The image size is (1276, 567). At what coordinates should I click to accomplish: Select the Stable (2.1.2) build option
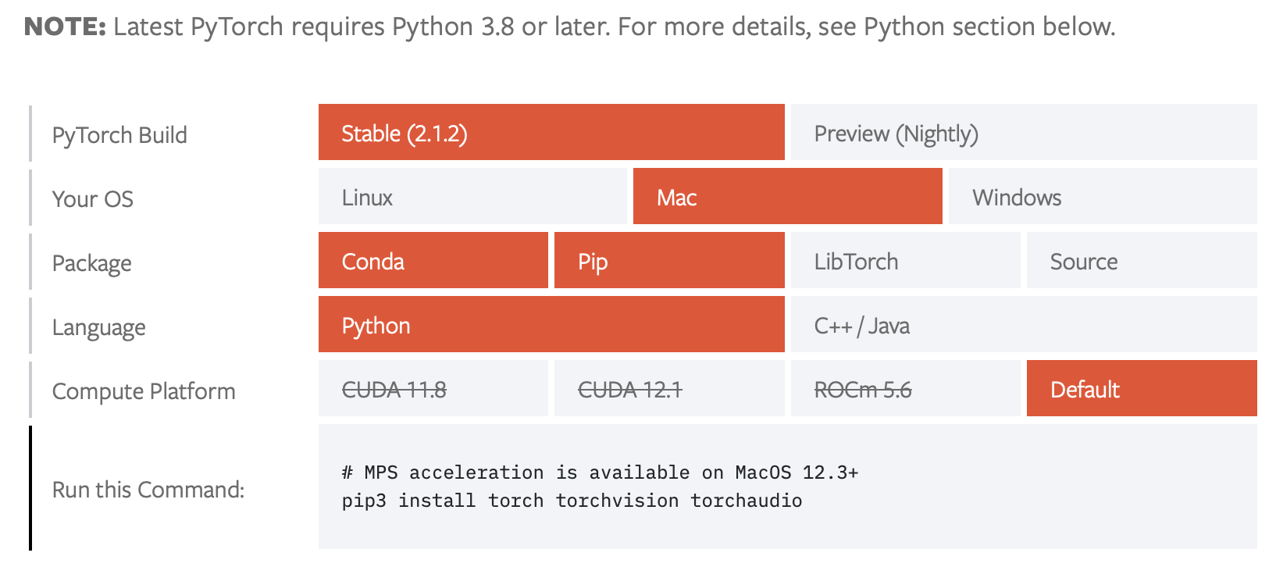click(x=551, y=133)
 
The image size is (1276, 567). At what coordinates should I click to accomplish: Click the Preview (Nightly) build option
click(x=1023, y=133)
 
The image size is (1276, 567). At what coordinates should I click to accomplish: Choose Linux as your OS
click(x=472, y=197)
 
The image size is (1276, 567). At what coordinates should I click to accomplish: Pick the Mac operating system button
click(x=787, y=197)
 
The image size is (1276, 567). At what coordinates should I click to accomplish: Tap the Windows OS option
click(x=1102, y=197)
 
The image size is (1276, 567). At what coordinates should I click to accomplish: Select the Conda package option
click(x=433, y=261)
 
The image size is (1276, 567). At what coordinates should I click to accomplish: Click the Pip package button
click(x=668, y=261)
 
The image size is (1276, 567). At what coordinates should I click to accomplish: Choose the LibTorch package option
click(x=905, y=261)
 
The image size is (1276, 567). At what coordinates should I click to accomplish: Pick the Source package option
click(x=1141, y=261)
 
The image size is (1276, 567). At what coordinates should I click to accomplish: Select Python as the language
click(x=551, y=325)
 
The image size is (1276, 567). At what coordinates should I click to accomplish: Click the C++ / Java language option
click(x=1023, y=325)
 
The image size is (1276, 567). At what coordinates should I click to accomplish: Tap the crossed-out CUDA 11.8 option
click(x=433, y=389)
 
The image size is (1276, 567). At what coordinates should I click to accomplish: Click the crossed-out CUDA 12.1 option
click(x=668, y=389)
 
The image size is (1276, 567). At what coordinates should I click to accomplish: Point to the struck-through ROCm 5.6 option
click(x=905, y=389)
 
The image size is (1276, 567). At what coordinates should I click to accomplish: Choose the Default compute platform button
click(x=1141, y=389)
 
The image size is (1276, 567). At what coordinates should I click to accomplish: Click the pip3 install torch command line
click(x=572, y=501)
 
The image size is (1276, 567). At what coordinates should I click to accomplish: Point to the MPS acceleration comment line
click(x=600, y=472)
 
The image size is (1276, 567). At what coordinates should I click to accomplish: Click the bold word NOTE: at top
click(x=65, y=27)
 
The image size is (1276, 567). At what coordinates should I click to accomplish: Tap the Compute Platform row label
click(x=144, y=390)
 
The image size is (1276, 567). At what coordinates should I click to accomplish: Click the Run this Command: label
click(x=148, y=490)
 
